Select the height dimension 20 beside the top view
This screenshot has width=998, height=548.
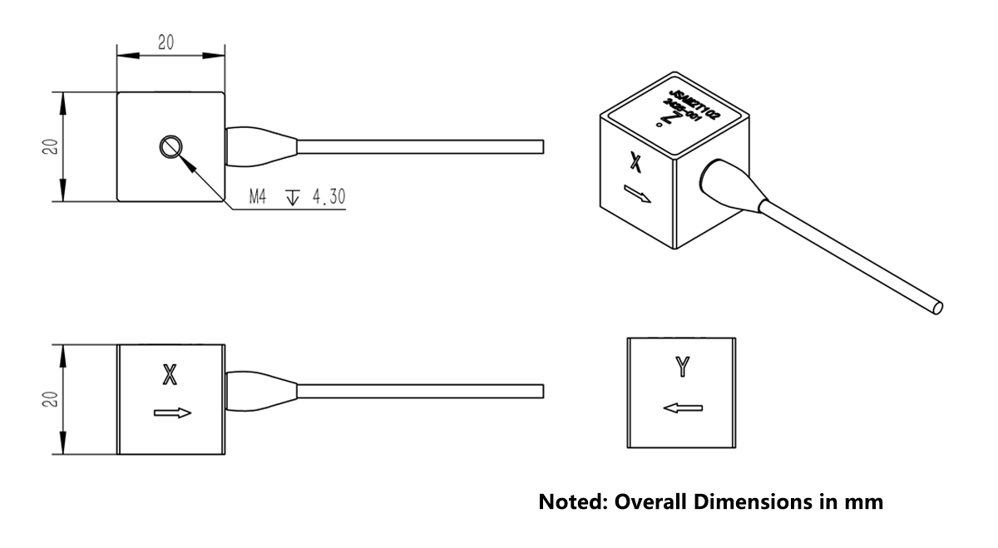(x=49, y=147)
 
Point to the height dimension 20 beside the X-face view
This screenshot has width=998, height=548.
(x=49, y=399)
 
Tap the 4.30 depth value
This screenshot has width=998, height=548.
(x=328, y=199)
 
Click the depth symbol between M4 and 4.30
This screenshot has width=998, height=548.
(x=292, y=199)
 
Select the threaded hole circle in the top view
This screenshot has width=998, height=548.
(x=170, y=147)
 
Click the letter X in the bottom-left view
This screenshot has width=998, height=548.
(x=170, y=376)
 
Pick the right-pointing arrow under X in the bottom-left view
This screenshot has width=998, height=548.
(x=173, y=412)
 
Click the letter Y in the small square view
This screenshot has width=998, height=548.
(x=682, y=367)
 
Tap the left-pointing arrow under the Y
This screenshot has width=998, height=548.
(x=683, y=407)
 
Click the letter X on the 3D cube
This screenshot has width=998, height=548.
(x=636, y=160)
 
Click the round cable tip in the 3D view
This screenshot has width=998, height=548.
(x=938, y=307)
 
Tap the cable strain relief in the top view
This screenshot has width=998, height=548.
(x=260, y=146)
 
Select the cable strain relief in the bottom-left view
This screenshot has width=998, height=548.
(x=260, y=391)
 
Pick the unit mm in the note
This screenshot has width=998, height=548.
(x=864, y=502)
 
